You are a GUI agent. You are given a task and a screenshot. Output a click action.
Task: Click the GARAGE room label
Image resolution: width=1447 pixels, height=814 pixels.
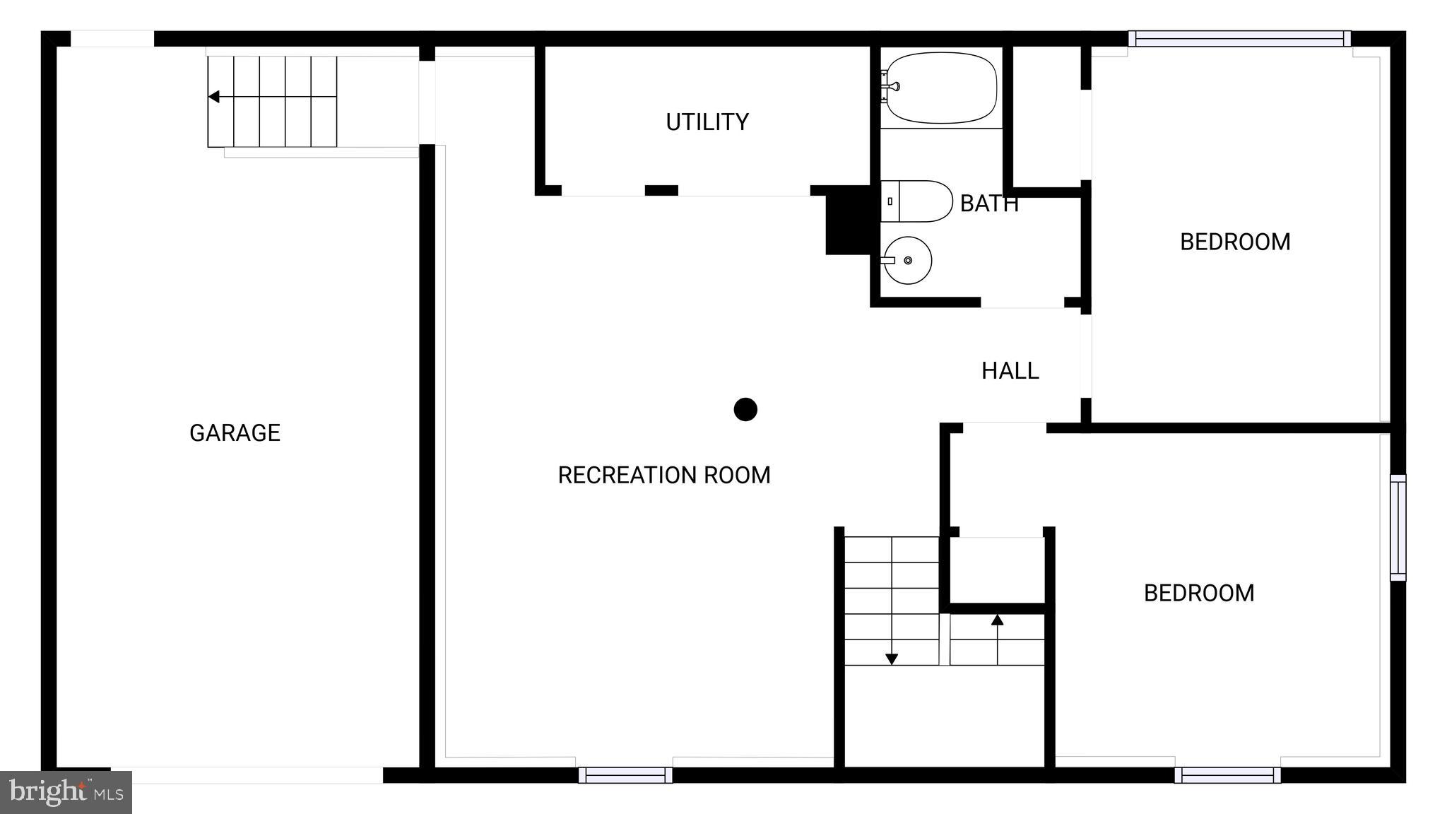(235, 432)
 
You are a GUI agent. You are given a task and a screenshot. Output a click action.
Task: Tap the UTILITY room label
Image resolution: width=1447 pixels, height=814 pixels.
(707, 122)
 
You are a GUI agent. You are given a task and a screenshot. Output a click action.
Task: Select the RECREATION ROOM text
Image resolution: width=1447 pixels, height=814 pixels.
(663, 475)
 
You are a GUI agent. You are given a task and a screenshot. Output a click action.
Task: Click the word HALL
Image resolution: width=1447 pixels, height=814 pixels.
(1010, 371)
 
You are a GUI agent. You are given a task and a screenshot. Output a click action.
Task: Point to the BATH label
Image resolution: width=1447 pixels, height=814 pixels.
(988, 203)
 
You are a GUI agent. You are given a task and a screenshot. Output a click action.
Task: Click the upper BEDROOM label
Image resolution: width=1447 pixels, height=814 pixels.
(1234, 242)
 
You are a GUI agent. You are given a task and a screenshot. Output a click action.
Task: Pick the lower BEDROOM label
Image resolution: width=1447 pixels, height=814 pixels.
(1198, 593)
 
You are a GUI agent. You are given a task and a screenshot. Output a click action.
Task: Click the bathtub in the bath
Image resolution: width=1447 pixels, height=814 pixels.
(941, 88)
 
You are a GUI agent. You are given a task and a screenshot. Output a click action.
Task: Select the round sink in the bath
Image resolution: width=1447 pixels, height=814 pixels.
(908, 260)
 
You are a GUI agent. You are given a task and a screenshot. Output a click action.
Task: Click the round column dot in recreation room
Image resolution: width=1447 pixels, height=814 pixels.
(745, 409)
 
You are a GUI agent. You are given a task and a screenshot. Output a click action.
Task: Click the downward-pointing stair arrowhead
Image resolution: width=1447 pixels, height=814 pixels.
(892, 659)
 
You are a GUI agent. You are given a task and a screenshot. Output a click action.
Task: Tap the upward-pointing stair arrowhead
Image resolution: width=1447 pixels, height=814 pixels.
(997, 620)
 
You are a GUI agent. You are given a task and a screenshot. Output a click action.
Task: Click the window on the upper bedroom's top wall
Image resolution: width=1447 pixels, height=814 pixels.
(1239, 39)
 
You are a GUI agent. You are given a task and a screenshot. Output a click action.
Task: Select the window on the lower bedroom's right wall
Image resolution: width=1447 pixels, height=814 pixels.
(1398, 527)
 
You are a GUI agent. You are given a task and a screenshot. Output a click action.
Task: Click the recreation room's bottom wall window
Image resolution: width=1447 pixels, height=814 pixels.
(625, 775)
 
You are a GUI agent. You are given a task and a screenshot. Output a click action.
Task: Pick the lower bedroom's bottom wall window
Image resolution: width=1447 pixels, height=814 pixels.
(1227, 775)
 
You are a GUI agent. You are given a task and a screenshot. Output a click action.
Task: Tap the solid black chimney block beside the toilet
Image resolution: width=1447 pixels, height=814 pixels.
(847, 220)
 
